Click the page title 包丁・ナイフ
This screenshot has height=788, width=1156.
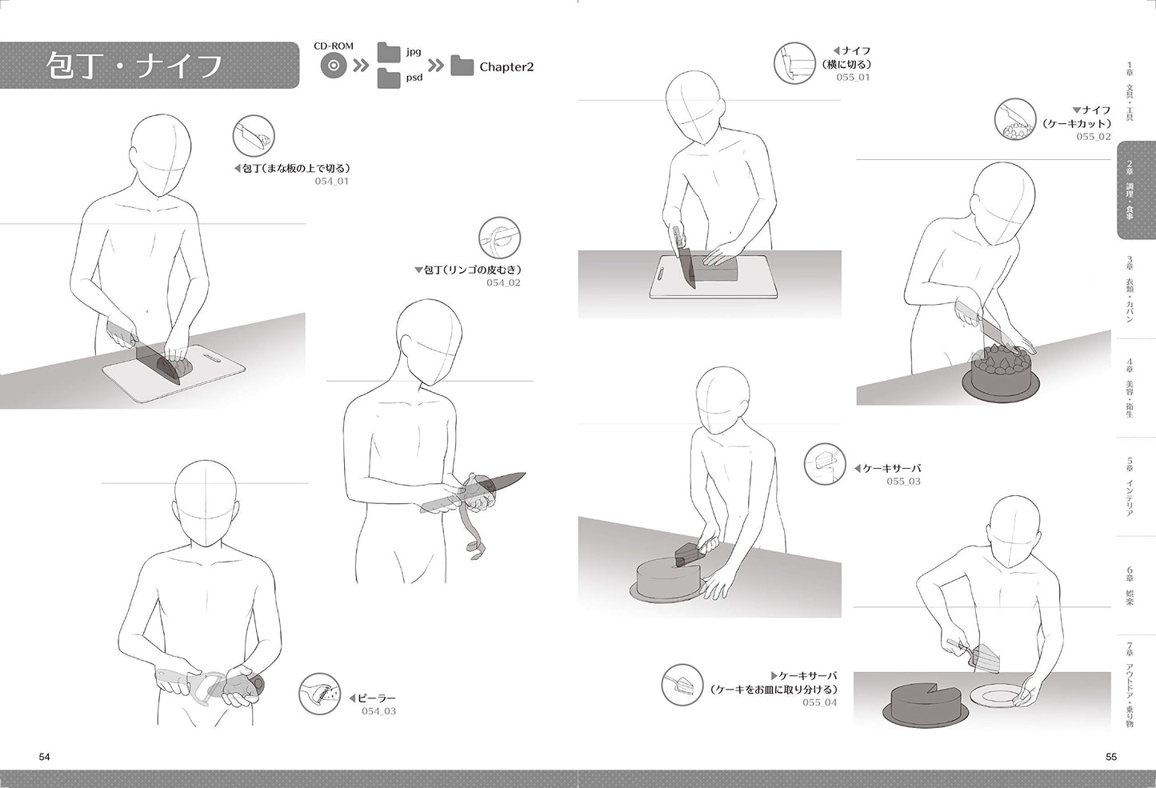point(134,66)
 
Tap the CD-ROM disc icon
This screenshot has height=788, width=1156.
point(334,66)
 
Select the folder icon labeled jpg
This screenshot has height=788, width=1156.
point(389,52)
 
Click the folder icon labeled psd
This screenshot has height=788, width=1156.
point(389,78)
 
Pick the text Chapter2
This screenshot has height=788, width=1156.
point(506,67)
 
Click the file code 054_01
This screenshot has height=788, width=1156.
point(331,181)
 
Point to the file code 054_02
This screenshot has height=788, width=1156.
point(503,282)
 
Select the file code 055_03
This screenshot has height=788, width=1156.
point(903,481)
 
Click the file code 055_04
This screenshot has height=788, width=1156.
point(819,702)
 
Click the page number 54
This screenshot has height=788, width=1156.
point(44,757)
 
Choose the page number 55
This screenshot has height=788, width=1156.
point(1111,757)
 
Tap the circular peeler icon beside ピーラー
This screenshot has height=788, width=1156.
point(319,694)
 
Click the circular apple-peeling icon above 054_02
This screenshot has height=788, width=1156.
point(499,238)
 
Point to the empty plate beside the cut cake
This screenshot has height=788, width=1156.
point(1000,696)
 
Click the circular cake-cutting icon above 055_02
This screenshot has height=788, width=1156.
point(1015,119)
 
